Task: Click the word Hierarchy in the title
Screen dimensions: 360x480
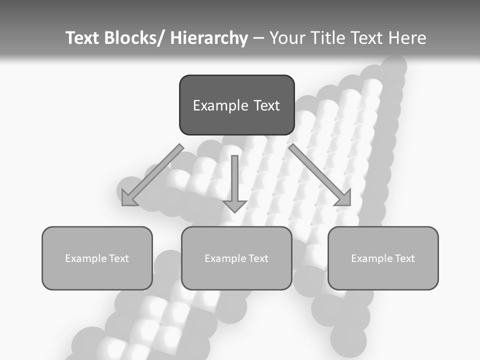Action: click(x=209, y=38)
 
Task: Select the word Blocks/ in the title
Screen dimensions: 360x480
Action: click(x=134, y=38)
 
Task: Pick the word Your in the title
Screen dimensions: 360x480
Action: click(x=287, y=38)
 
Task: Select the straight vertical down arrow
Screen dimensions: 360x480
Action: click(x=234, y=180)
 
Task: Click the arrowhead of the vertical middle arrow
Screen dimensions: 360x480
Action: click(x=234, y=205)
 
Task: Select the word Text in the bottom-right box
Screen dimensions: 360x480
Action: click(x=404, y=258)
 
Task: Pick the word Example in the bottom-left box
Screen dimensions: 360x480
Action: click(x=86, y=258)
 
